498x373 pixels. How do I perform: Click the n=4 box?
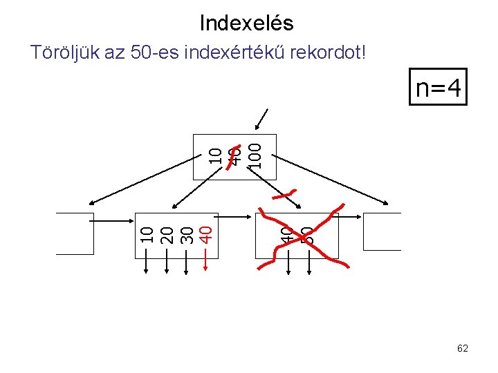[438, 88]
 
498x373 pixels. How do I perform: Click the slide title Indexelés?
[246, 23]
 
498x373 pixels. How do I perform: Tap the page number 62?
[463, 348]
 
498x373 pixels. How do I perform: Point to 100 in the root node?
[255, 155]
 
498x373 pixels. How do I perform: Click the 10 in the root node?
[216, 155]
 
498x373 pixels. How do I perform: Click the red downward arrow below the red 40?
[205, 260]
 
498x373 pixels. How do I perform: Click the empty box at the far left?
[75, 234]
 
